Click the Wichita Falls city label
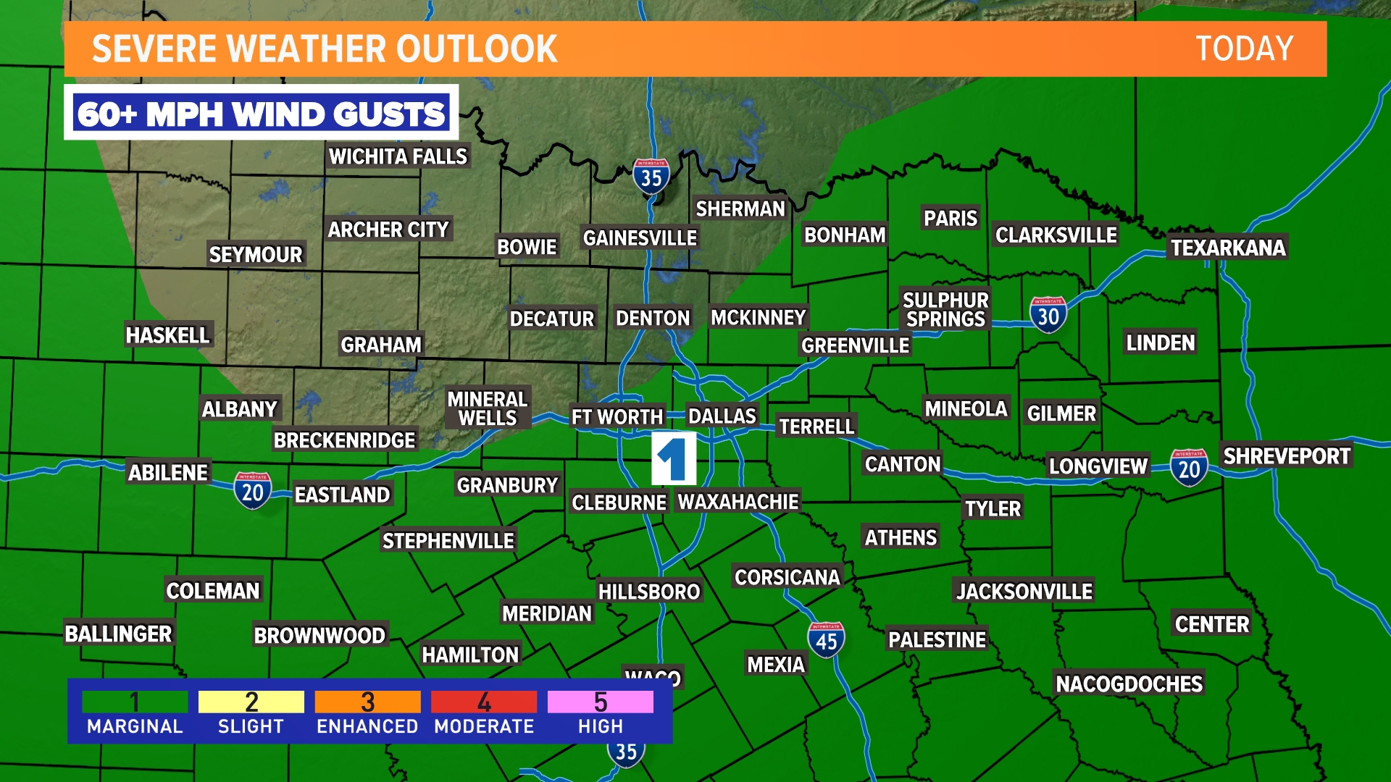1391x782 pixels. click(x=398, y=156)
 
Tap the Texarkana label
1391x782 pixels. click(x=1228, y=248)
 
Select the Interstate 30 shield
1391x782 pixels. click(x=1048, y=315)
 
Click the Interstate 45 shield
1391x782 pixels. click(x=826, y=640)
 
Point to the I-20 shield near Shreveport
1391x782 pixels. click(x=1189, y=468)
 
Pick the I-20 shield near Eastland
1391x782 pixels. click(x=252, y=492)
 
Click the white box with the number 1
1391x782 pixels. click(x=673, y=458)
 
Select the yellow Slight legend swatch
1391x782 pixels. click(x=251, y=702)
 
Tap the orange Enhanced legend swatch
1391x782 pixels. click(x=367, y=702)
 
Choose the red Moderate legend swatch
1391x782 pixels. click(x=484, y=702)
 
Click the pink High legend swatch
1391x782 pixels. click(x=600, y=702)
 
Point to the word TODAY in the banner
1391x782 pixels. click(x=1244, y=49)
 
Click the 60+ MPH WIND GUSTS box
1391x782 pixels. click(x=261, y=114)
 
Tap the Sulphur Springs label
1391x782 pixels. click(x=945, y=310)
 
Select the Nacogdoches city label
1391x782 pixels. click(x=1129, y=684)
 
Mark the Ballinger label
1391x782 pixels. click(x=118, y=634)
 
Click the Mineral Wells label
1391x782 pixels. click(x=487, y=408)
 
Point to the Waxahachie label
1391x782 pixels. click(x=738, y=502)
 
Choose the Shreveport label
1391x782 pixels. click(x=1287, y=456)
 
